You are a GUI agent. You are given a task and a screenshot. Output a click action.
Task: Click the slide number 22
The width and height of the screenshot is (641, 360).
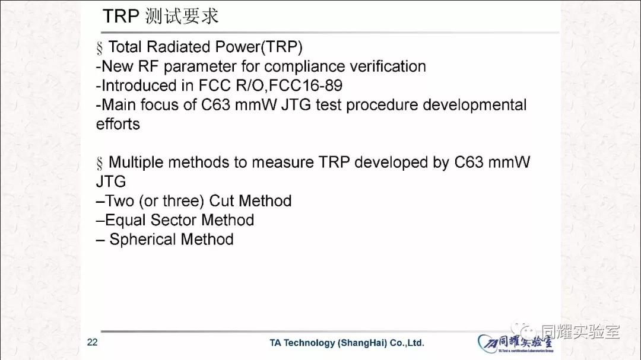[x=93, y=342]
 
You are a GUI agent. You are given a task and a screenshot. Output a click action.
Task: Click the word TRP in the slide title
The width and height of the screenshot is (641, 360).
[x=121, y=17]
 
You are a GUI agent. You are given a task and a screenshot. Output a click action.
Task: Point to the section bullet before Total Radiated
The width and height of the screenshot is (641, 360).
[x=99, y=48]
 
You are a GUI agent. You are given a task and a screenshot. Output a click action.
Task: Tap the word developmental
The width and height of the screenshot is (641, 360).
[x=475, y=105]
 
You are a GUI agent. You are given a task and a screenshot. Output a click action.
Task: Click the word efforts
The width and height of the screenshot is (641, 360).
[x=118, y=124]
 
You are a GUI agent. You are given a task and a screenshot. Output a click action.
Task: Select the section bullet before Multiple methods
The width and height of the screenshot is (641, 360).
[x=99, y=164]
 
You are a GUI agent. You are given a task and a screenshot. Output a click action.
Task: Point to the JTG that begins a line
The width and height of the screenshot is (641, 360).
[x=111, y=181]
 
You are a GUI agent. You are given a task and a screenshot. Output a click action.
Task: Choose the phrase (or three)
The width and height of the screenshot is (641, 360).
[x=172, y=201]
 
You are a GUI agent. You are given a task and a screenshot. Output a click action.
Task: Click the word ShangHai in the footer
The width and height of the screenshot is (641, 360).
[x=362, y=343]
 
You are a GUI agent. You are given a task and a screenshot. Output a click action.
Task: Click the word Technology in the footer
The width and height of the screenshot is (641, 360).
[x=309, y=343]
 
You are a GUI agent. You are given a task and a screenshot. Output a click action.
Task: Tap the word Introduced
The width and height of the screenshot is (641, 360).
[x=139, y=85]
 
